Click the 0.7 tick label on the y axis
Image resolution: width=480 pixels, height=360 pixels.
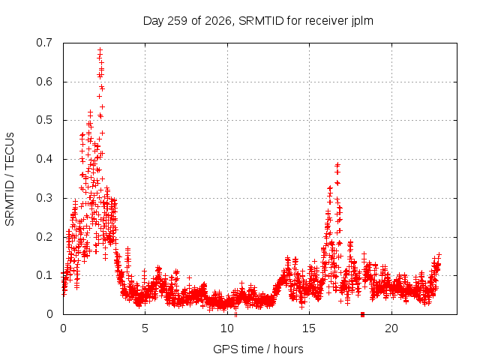pyautogui.click(x=44, y=43)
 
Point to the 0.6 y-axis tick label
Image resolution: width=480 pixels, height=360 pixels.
pyautogui.click(x=44, y=82)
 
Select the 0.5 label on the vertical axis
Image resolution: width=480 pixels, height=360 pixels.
pyautogui.click(x=44, y=120)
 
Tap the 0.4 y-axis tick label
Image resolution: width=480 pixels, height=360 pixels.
pyautogui.click(x=44, y=159)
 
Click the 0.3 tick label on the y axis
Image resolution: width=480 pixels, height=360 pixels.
pyautogui.click(x=44, y=198)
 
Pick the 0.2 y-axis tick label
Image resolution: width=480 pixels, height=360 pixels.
pyautogui.click(x=44, y=237)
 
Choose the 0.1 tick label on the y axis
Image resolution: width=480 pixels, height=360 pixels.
pyautogui.click(x=44, y=275)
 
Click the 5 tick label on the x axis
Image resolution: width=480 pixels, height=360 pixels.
pyautogui.click(x=145, y=328)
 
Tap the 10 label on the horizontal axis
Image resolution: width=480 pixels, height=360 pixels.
pyautogui.click(x=227, y=328)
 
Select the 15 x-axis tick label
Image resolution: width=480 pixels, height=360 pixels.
pyautogui.click(x=309, y=328)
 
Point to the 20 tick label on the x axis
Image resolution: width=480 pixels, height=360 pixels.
pyautogui.click(x=391, y=328)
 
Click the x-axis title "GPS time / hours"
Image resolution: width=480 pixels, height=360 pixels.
pyautogui.click(x=258, y=349)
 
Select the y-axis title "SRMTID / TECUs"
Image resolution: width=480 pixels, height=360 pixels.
pyautogui.click(x=10, y=179)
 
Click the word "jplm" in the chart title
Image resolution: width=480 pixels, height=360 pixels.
pyautogui.click(x=362, y=21)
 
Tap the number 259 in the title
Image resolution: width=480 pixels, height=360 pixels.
pyautogui.click(x=178, y=21)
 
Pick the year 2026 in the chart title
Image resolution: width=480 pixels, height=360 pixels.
pyautogui.click(x=218, y=21)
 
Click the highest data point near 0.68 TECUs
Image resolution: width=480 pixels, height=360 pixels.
pyautogui.click(x=100, y=49)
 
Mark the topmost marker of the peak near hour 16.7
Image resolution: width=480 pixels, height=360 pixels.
pyautogui.click(x=338, y=165)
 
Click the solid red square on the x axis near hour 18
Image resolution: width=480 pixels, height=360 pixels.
pyautogui.click(x=363, y=314)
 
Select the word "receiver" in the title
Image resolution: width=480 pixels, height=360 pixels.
pyautogui.click(x=327, y=21)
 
